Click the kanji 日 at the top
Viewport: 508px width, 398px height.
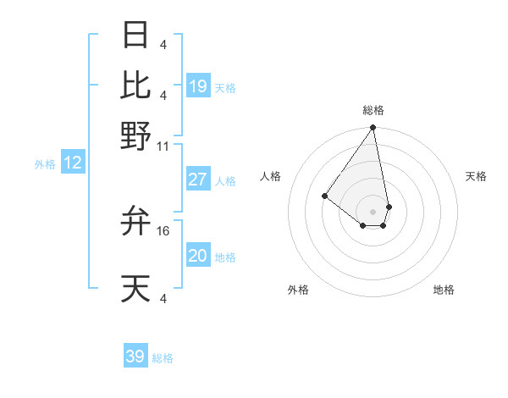[x=136, y=35]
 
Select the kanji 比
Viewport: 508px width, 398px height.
[x=136, y=85]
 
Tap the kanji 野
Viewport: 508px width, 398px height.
[x=136, y=135]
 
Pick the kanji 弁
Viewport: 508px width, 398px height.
[x=136, y=221]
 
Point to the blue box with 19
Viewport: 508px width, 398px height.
[x=198, y=86]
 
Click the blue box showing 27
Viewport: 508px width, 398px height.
[x=198, y=180]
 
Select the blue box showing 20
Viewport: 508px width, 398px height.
[x=198, y=256]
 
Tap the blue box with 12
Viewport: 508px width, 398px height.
[x=73, y=163]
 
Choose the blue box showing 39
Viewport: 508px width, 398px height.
[x=135, y=357]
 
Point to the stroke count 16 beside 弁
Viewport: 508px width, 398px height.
[x=163, y=230]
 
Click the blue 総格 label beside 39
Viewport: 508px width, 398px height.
[x=163, y=358]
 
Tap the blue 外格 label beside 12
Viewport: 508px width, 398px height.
[x=45, y=164]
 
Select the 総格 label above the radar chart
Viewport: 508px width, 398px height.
[x=373, y=110]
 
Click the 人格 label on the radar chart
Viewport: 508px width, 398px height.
[x=271, y=176]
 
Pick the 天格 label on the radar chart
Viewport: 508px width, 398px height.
[x=476, y=176]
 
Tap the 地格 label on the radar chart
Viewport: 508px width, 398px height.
[x=444, y=290]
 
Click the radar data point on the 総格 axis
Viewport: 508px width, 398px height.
[x=373, y=128]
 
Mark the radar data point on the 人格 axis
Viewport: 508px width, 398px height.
[x=324, y=196]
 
